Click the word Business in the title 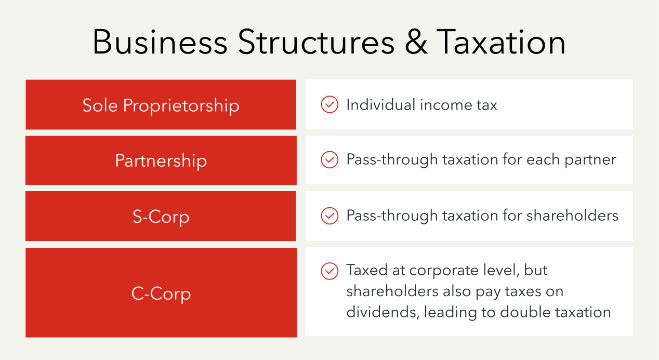click(160, 42)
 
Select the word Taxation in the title click(500, 42)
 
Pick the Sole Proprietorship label click(161, 105)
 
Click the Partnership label click(161, 161)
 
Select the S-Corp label click(161, 216)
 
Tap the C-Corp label click(161, 294)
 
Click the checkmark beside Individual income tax click(329, 105)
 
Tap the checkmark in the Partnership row click(329, 159)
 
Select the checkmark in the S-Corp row click(329, 216)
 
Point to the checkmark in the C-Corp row click(329, 271)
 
